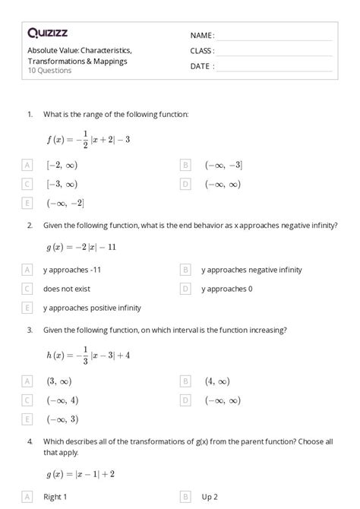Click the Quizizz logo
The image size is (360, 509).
tap(47, 33)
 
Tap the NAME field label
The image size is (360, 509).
tap(202, 36)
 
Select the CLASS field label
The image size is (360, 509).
tap(203, 51)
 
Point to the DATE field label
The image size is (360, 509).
tap(202, 66)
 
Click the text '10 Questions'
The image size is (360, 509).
tap(49, 71)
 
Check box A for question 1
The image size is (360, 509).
tap(27, 165)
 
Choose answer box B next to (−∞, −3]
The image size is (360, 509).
tap(185, 165)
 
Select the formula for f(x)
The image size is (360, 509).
tap(88, 139)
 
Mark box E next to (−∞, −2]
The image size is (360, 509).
tap(27, 203)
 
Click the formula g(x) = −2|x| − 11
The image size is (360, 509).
tap(81, 247)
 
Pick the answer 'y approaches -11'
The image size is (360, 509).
tap(72, 270)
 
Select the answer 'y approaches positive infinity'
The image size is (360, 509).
tap(92, 308)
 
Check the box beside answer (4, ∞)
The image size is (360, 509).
tap(185, 381)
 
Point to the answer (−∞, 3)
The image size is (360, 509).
tap(62, 419)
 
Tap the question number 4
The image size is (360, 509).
tap(30, 441)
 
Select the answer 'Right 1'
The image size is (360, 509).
tap(55, 497)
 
